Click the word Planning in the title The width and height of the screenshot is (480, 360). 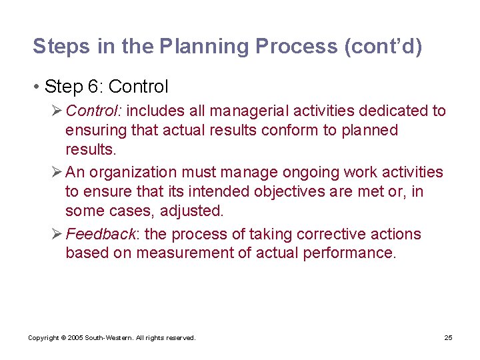(206, 47)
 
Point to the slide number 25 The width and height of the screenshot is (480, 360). (448, 338)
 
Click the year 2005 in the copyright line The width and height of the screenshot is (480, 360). (75, 338)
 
